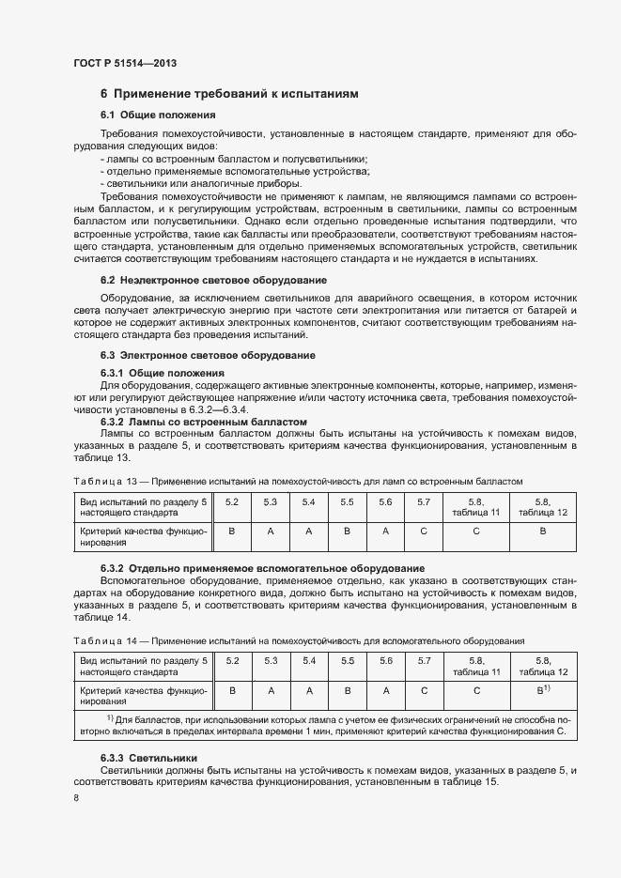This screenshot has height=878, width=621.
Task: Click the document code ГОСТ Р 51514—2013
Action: tap(124, 63)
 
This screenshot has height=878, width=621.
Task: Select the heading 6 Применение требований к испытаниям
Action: tap(229, 94)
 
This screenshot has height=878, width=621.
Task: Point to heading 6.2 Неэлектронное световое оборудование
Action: tap(213, 280)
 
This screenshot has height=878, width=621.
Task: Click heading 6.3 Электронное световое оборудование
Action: tap(208, 355)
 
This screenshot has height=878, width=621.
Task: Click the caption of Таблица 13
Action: tap(297, 480)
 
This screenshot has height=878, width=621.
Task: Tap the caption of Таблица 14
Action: tap(298, 640)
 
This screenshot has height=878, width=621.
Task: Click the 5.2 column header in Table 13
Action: tap(232, 502)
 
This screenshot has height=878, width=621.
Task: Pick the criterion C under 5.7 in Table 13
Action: tap(424, 531)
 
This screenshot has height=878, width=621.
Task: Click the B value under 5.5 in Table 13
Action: tap(347, 531)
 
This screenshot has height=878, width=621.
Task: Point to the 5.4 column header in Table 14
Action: tap(308, 661)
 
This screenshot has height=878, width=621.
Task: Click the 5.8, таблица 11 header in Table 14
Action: tap(476, 667)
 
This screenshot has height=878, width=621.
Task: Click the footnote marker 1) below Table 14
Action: tap(110, 718)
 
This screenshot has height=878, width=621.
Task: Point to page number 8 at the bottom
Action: tap(76, 798)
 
